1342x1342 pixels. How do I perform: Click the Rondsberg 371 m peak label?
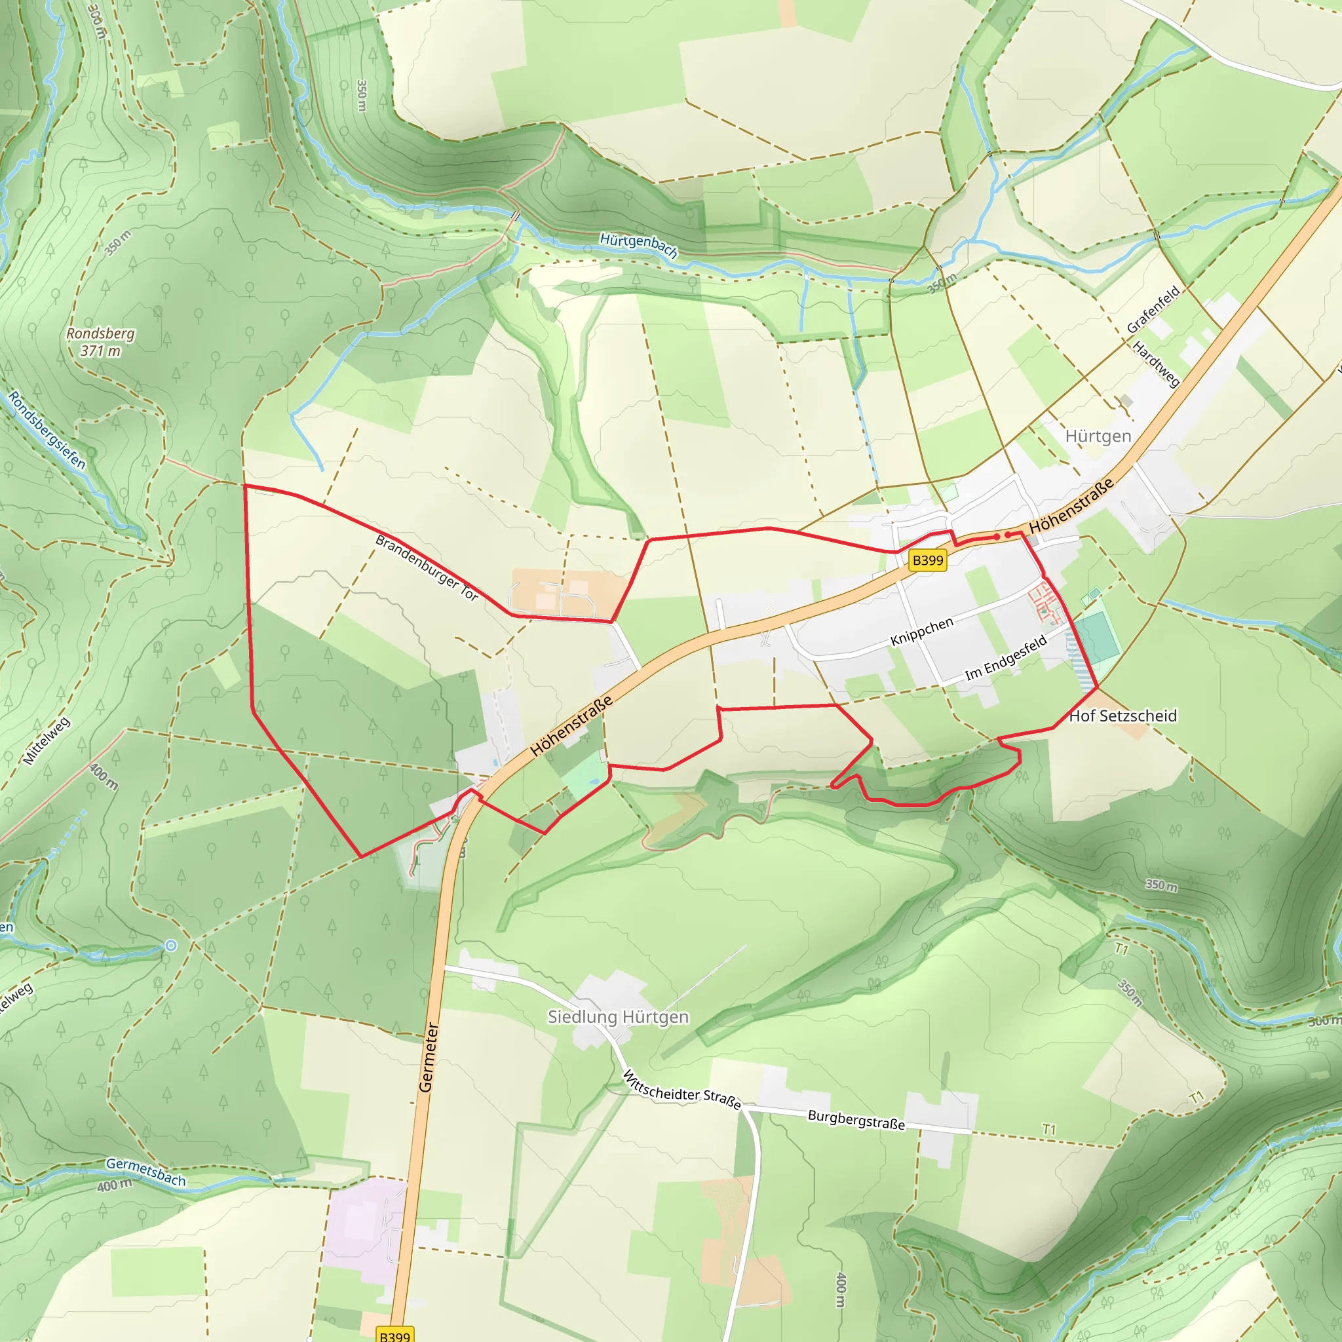click(101, 342)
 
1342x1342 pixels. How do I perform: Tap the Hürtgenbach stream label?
click(638, 244)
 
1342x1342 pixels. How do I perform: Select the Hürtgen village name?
click(1098, 436)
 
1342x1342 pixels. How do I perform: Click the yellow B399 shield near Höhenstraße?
click(927, 560)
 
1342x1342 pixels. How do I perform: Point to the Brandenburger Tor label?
click(427, 567)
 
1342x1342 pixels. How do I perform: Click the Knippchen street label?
click(922, 632)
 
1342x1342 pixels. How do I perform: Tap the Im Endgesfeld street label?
click(1005, 659)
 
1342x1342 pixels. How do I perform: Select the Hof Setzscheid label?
click(1122, 716)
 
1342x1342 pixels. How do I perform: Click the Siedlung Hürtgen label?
click(617, 1017)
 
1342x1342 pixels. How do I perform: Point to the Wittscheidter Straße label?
click(681, 1090)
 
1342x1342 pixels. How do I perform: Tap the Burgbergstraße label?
click(856, 1120)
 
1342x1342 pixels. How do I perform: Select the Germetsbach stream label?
click(146, 1171)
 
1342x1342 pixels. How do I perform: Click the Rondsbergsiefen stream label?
click(47, 431)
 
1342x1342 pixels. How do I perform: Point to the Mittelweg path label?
click(47, 741)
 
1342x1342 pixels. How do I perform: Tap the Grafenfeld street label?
click(1153, 309)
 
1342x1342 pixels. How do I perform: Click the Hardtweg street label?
click(1156, 363)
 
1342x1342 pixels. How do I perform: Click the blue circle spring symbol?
click(171, 946)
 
